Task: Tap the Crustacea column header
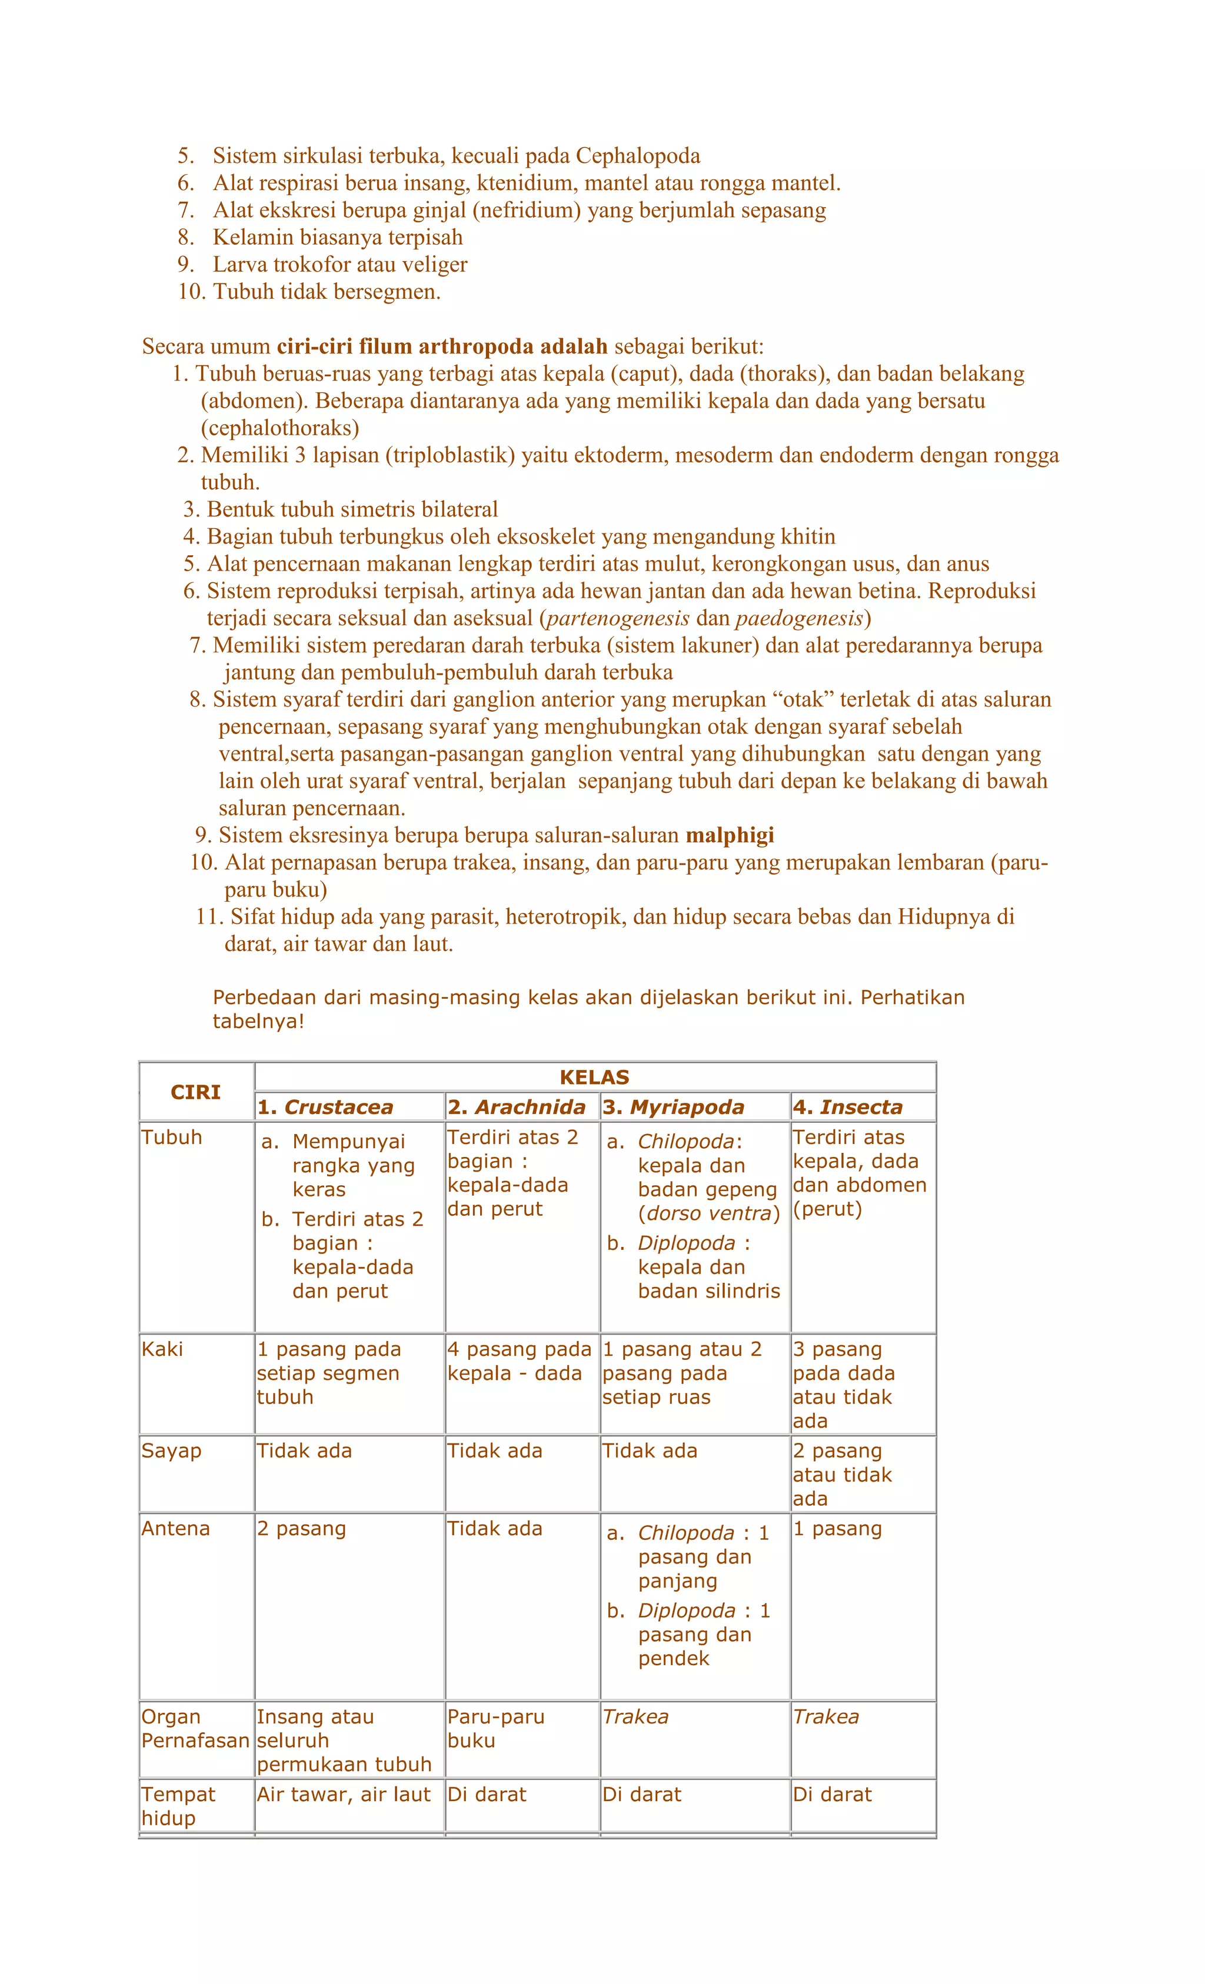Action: pos(325,1106)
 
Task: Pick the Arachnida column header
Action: pos(517,1106)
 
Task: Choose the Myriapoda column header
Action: pos(673,1106)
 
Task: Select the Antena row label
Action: pos(175,1528)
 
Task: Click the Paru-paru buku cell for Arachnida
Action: pos(495,1728)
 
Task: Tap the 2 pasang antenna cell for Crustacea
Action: pos(301,1528)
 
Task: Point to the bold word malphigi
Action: pos(730,835)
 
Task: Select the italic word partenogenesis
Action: pos(618,618)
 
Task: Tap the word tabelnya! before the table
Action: pos(258,1021)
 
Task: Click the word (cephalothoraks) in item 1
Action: pos(279,428)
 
